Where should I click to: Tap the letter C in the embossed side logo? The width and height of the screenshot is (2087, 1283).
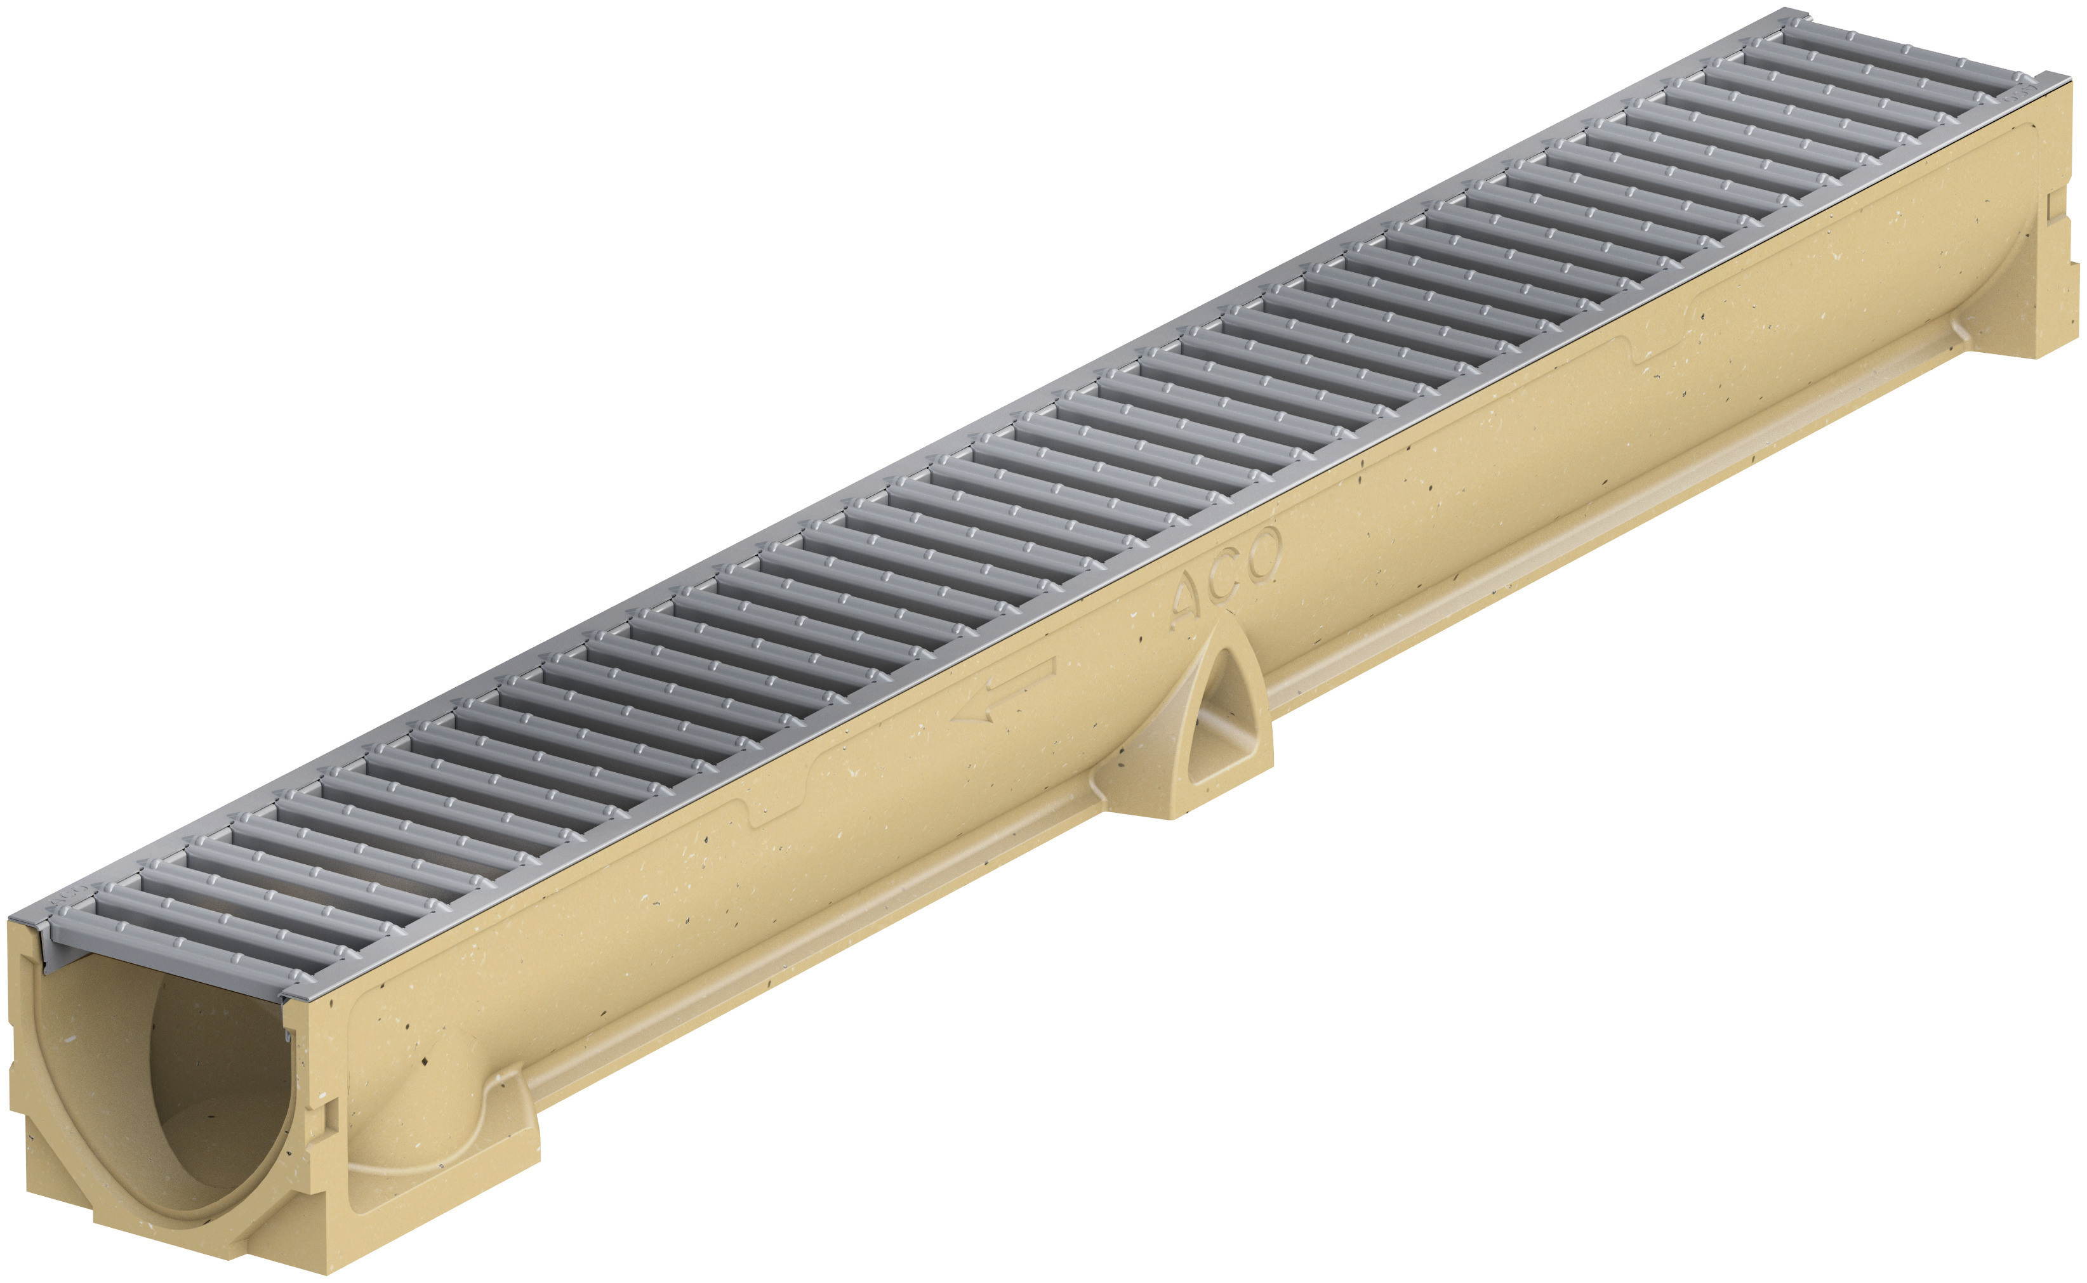tap(1224, 579)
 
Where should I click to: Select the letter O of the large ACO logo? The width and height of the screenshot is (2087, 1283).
tap(1259, 556)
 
